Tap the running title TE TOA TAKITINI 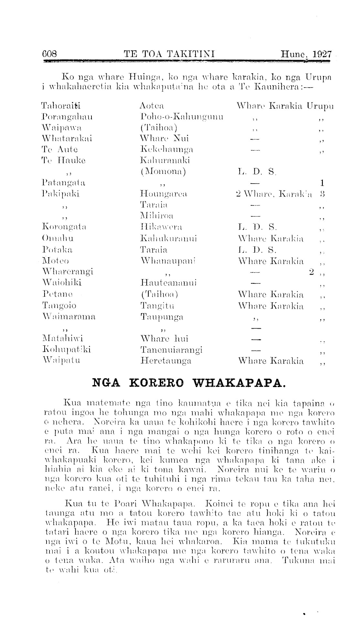170,54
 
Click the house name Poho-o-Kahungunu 182,117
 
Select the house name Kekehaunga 167,149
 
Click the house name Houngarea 164,194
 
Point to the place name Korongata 64,227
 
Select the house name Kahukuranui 169,238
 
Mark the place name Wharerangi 68,271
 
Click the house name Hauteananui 169,283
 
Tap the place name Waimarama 69,317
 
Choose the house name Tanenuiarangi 171,350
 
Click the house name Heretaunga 166,361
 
